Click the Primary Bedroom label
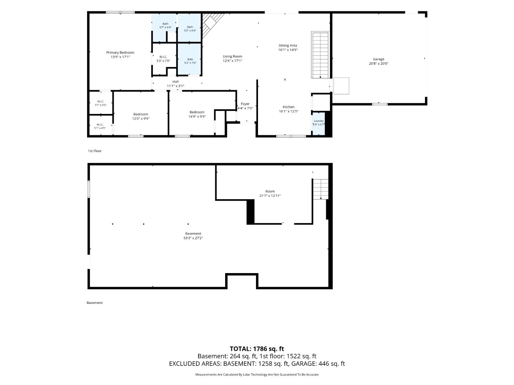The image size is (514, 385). point(120,53)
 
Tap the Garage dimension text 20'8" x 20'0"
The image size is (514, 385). point(378,64)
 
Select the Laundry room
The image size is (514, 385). point(319,124)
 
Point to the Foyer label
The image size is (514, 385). point(245,104)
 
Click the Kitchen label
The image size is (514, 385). point(289,107)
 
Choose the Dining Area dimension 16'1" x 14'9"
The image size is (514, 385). point(288,50)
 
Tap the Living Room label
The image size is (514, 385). point(232,56)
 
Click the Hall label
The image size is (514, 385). point(175,81)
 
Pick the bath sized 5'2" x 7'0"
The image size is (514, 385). point(189,59)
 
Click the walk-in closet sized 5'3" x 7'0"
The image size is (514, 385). point(163,59)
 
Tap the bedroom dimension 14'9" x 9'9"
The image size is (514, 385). point(197,117)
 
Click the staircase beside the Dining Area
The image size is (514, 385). point(320,55)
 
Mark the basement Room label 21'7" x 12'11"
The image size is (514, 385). point(270,194)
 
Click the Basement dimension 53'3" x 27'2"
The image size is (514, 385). point(193,238)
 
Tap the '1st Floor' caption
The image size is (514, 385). point(95,151)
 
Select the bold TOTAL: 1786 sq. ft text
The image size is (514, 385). point(257,349)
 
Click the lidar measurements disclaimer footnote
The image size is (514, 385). point(257,374)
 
